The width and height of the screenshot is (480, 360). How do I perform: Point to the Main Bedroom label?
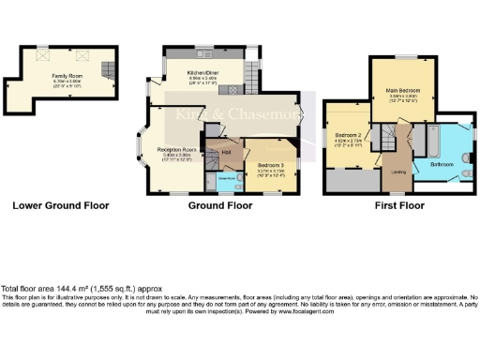click(403, 91)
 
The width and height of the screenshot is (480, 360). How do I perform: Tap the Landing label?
click(397, 170)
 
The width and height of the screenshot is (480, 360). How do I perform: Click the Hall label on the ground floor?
click(226, 152)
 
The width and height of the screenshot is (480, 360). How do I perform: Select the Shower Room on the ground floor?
click(226, 178)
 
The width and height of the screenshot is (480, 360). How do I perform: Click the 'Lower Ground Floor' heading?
click(60, 205)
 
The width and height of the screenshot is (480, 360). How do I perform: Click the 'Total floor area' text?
click(56, 289)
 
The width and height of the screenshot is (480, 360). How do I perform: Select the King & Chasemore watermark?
click(239, 115)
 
